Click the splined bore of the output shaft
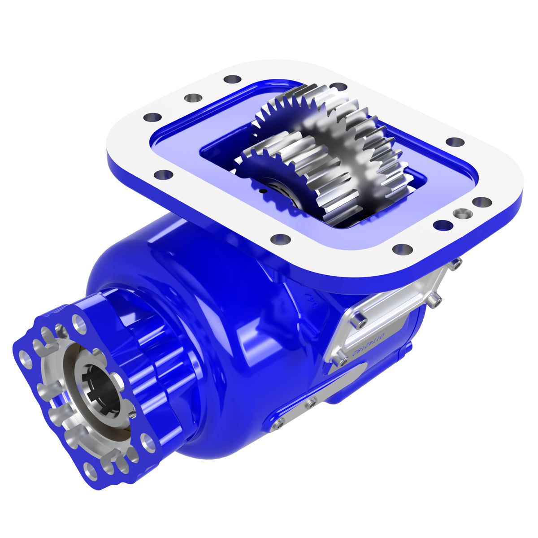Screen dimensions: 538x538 (102, 389)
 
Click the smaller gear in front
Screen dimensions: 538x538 (287, 179)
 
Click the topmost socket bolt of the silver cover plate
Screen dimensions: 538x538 (456, 265)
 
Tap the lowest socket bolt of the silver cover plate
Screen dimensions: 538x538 (342, 360)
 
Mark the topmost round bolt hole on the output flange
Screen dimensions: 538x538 (80, 322)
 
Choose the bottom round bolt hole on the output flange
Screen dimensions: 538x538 (91, 472)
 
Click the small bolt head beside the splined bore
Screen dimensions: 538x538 (132, 415)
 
